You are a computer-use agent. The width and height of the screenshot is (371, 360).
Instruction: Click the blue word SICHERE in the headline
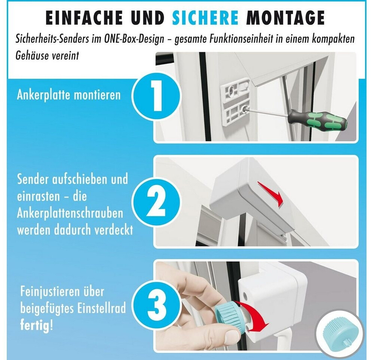coord(205,17)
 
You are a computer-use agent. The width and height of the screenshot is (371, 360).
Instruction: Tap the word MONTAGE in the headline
coord(285,17)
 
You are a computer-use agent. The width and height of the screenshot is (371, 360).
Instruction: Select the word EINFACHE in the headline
coord(84,17)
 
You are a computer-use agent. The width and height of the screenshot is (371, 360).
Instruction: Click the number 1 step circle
coord(156,96)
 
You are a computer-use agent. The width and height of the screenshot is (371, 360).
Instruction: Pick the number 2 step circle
coord(156,203)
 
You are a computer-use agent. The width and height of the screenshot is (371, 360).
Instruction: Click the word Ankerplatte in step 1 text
coord(43,96)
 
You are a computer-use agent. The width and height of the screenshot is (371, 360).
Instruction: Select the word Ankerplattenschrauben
coord(70,213)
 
